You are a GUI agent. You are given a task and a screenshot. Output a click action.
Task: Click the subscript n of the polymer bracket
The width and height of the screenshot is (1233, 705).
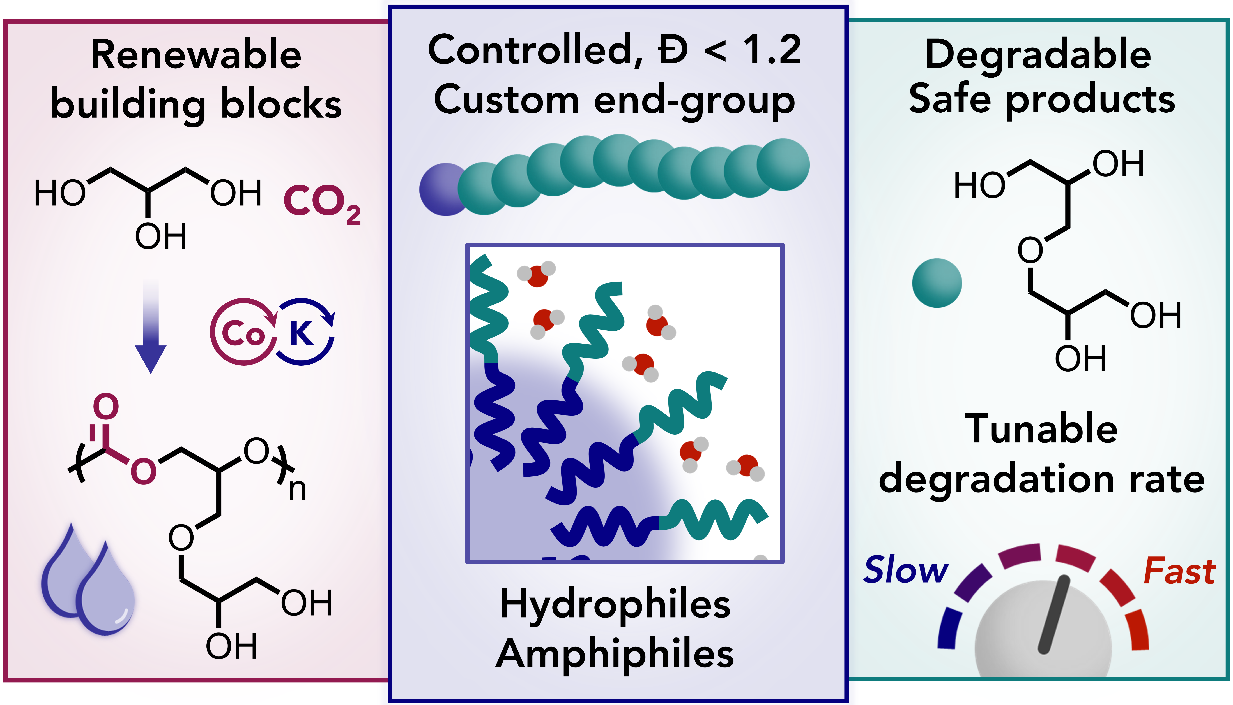pyautogui.click(x=298, y=490)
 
